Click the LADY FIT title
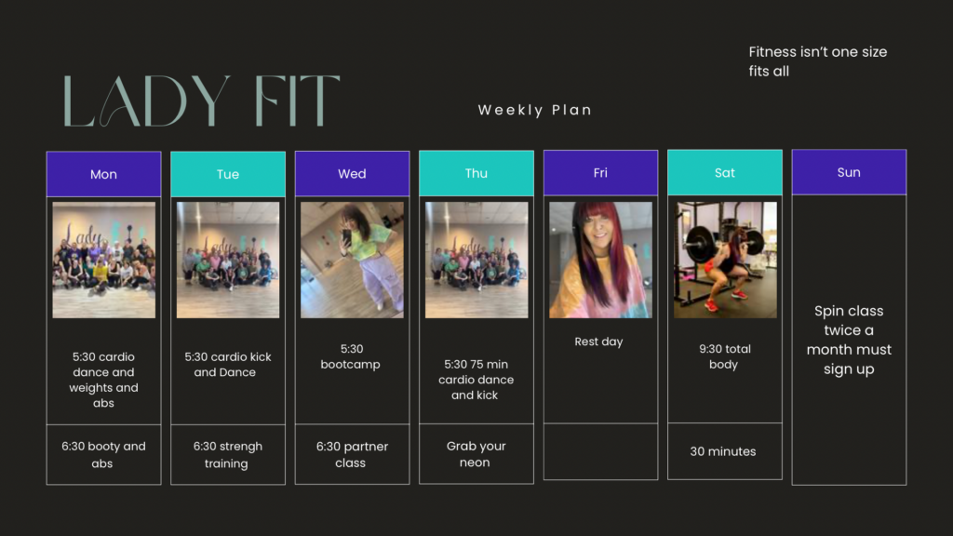tap(201, 100)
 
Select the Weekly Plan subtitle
tap(535, 110)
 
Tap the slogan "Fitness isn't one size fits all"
tap(817, 61)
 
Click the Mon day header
tap(104, 174)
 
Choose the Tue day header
tap(228, 174)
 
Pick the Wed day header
tap(352, 173)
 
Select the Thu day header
tap(476, 173)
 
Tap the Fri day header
tap(600, 172)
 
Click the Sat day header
tap(724, 172)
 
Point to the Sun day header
tap(849, 172)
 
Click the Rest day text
tap(598, 342)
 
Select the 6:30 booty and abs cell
tap(104, 454)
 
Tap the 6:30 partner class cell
tap(352, 454)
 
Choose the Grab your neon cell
tap(476, 454)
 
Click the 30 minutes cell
tap(724, 451)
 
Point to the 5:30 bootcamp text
tap(351, 356)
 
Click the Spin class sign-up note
tap(849, 340)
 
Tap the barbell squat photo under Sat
tap(725, 261)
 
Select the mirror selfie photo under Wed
tap(352, 261)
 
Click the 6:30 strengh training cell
tap(228, 454)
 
